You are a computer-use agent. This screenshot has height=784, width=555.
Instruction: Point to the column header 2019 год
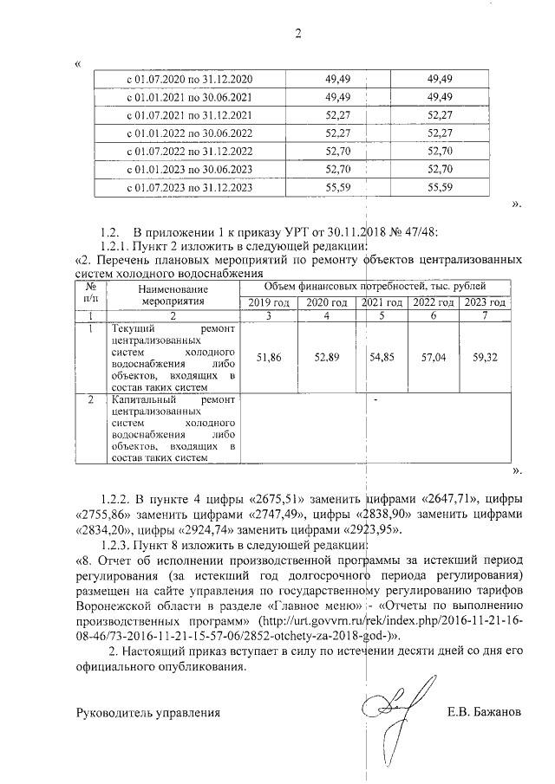(269, 302)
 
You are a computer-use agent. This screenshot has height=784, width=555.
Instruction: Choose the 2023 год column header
(484, 302)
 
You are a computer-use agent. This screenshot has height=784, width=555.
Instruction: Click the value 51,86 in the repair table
(269, 357)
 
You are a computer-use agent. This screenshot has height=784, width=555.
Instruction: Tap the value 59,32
(484, 357)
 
